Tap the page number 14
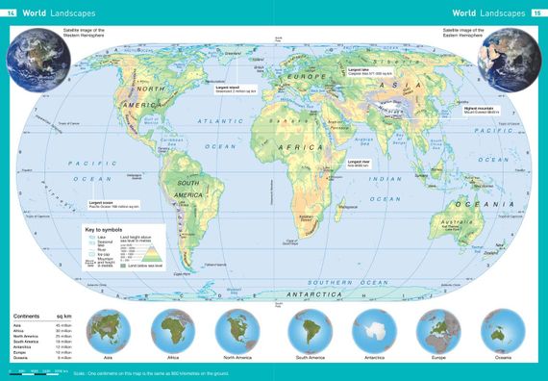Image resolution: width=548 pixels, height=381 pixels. coord(12,13)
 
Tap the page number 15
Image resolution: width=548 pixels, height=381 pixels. coord(535,13)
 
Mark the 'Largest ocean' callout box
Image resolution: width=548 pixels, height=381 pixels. coord(113,205)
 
